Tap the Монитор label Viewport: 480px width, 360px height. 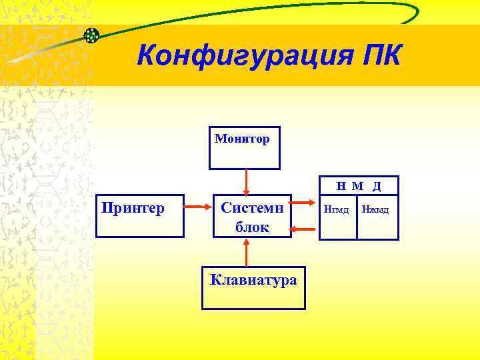242,139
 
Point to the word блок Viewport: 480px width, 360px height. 252,227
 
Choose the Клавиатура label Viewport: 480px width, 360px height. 253,280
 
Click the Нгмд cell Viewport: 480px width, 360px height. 336,211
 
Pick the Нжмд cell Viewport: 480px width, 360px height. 375,211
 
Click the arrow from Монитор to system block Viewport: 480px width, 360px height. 246,181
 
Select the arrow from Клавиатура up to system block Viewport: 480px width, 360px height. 247,253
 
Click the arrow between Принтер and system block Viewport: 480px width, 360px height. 198,207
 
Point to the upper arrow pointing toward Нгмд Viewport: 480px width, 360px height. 305,203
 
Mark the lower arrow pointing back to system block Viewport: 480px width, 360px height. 305,231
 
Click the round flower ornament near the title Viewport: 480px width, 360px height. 92,35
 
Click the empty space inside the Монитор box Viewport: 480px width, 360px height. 245,157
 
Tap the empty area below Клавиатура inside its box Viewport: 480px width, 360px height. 253,299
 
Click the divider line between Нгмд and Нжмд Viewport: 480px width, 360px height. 357,217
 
